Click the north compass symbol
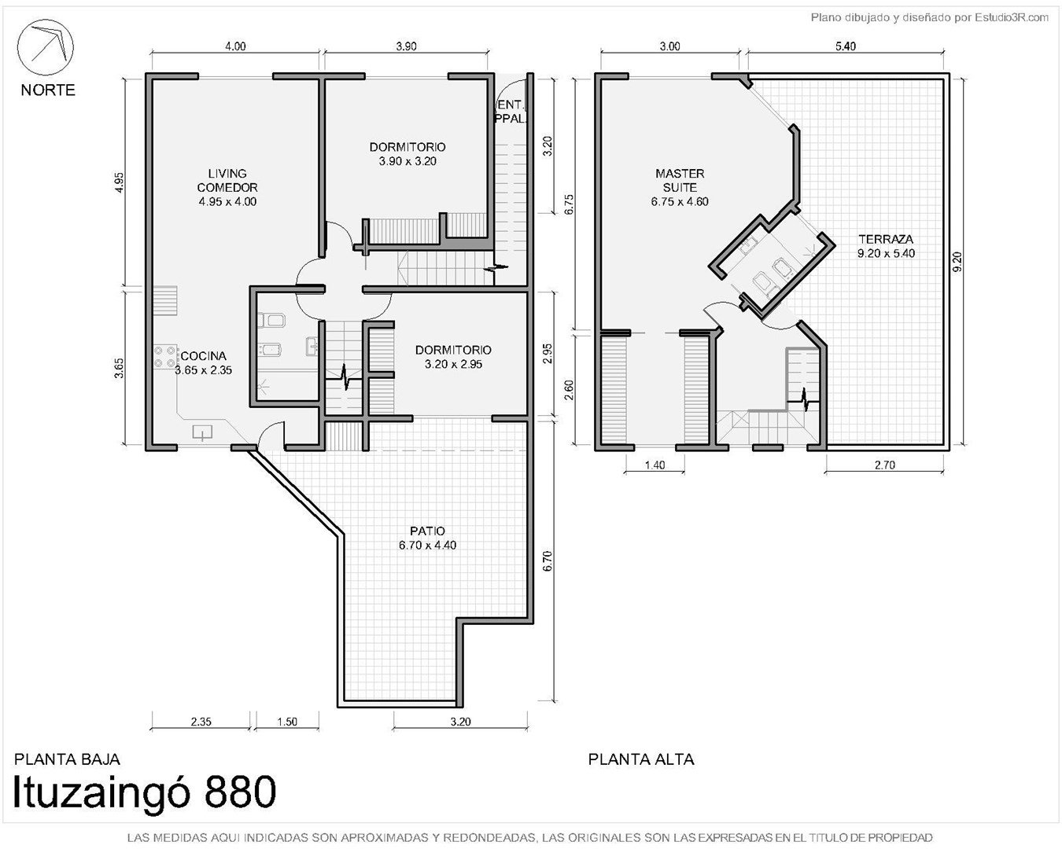click(46, 47)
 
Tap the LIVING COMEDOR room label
click(227, 181)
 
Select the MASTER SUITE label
click(680, 181)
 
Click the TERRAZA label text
click(886, 239)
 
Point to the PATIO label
click(427, 531)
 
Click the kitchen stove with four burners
click(165, 357)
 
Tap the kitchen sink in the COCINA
click(202, 432)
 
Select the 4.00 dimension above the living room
click(235, 46)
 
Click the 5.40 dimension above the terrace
click(846, 46)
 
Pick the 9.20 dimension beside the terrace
click(957, 262)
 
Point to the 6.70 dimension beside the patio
click(547, 561)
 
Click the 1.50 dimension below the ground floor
click(286, 722)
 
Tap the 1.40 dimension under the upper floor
click(655, 465)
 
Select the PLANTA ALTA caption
click(641, 759)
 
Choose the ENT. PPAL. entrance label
click(511, 112)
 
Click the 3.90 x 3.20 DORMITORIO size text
click(407, 161)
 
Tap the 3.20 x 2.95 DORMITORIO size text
click(453, 365)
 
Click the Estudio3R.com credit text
click(1011, 18)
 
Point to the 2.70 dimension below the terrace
click(884, 465)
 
